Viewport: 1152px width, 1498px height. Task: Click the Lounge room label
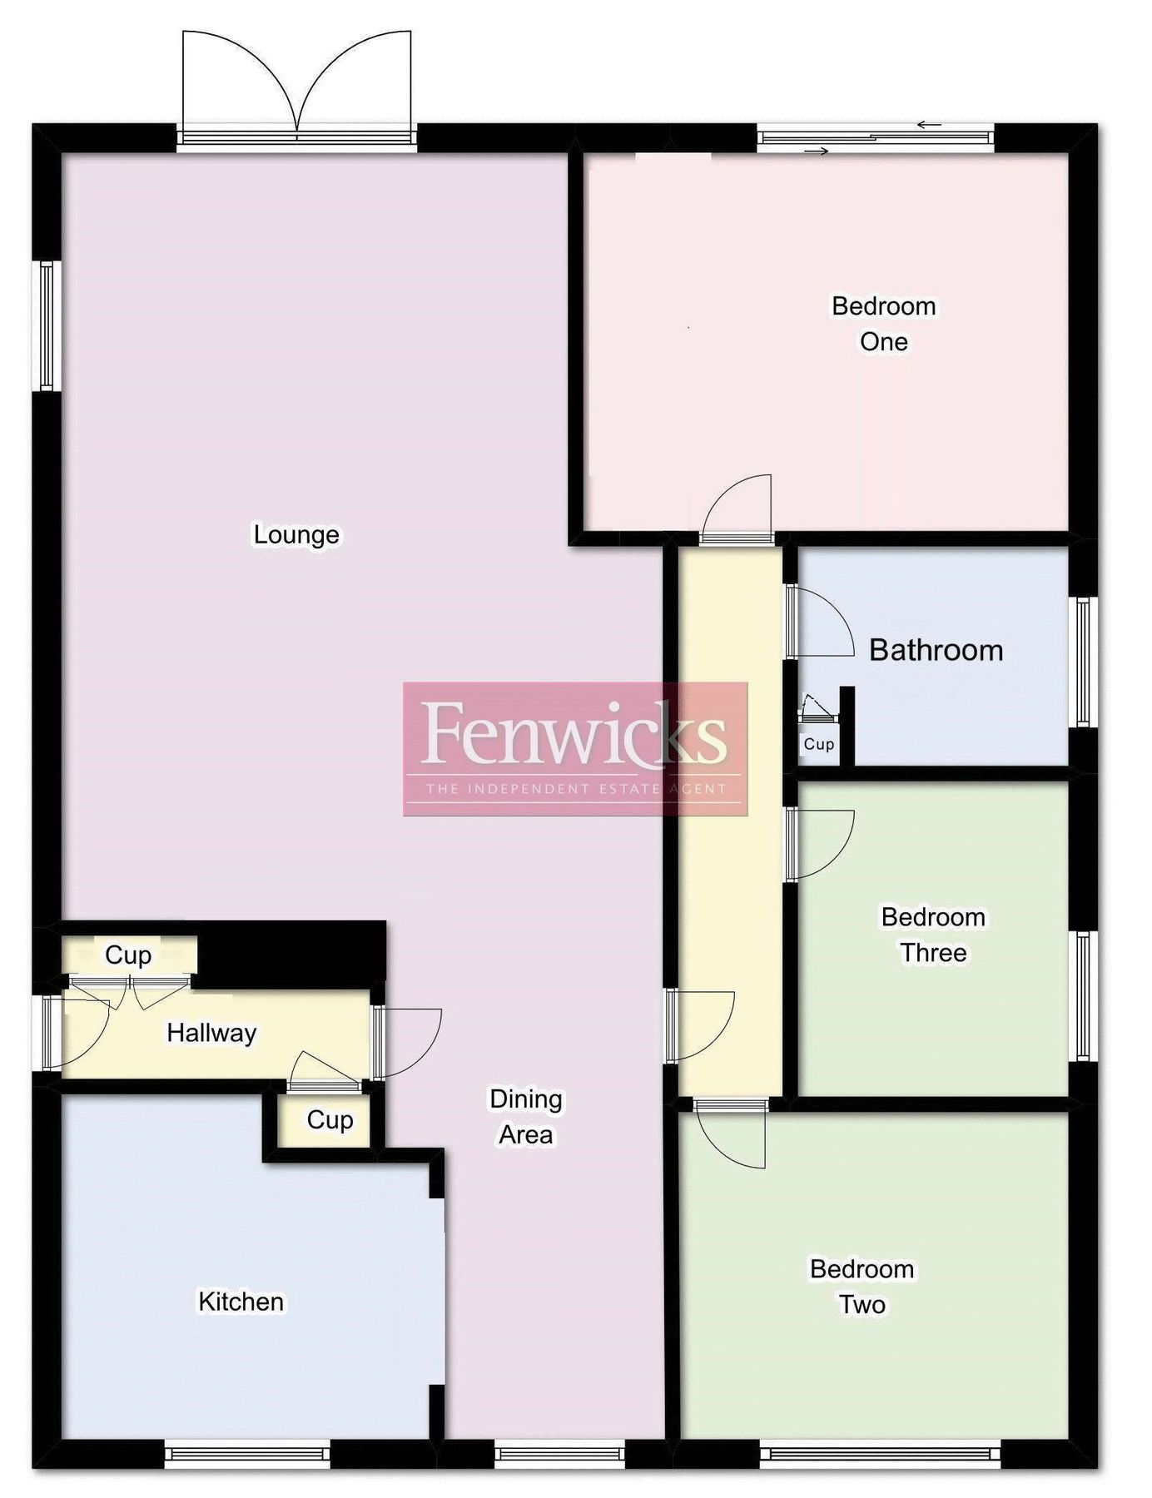pyautogui.click(x=296, y=534)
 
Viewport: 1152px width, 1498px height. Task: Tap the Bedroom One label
pyautogui.click(x=883, y=324)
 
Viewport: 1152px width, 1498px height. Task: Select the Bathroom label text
pyautogui.click(x=936, y=650)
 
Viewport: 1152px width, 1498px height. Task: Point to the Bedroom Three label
pyautogui.click(x=933, y=935)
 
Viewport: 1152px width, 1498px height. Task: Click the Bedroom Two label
pyautogui.click(x=862, y=1287)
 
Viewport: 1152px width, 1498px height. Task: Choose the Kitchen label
pyautogui.click(x=241, y=1302)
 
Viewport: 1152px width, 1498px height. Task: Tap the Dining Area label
pyautogui.click(x=525, y=1117)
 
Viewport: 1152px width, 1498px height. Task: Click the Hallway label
pyautogui.click(x=211, y=1033)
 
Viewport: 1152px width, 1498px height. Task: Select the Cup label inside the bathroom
pyautogui.click(x=818, y=744)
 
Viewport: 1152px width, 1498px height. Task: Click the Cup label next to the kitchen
pyautogui.click(x=330, y=1120)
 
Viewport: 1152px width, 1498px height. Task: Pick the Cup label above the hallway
pyautogui.click(x=128, y=955)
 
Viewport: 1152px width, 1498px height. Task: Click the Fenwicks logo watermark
pyautogui.click(x=575, y=748)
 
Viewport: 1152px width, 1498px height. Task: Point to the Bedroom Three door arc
pyautogui.click(x=824, y=844)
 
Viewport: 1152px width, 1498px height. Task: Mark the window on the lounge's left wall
pyautogui.click(x=47, y=325)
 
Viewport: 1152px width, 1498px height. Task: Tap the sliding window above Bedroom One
pyautogui.click(x=876, y=138)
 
